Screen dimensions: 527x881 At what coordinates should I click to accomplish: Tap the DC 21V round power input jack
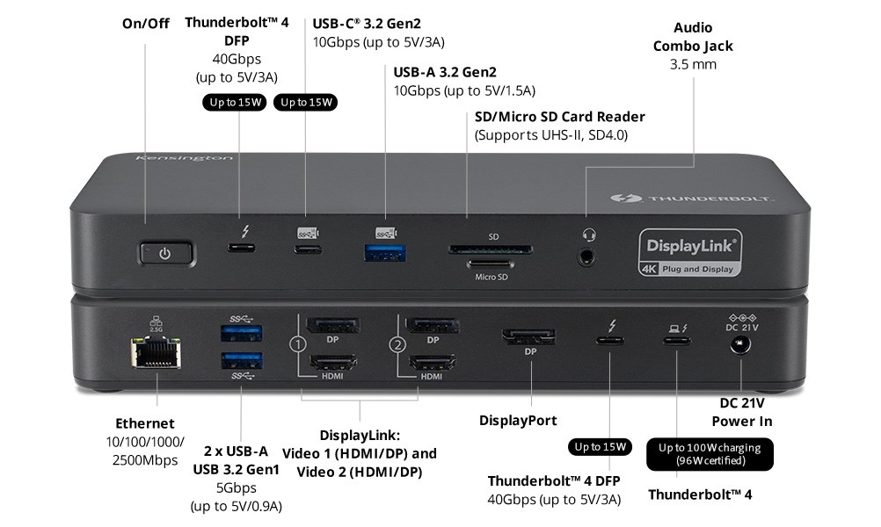point(740,345)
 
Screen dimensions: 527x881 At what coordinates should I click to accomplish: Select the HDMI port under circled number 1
point(331,361)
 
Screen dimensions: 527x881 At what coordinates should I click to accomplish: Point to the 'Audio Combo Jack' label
point(693,37)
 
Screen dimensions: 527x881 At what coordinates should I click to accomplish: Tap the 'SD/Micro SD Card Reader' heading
point(560,117)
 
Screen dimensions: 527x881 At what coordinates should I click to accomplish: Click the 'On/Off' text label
point(146,23)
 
